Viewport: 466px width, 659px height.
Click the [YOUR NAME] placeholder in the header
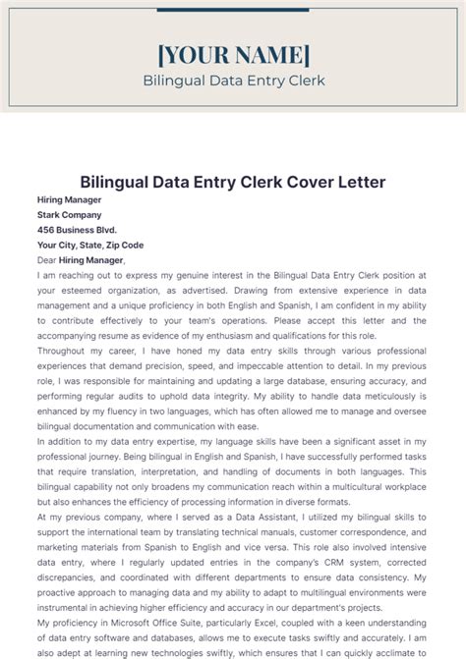pyautogui.click(x=233, y=54)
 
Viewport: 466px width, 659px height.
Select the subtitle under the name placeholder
pyautogui.click(x=233, y=81)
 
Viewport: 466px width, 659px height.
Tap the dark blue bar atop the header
pyautogui.click(x=233, y=11)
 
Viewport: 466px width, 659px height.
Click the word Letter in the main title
pyautogui.click(x=358, y=182)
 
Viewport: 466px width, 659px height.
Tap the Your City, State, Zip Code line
pyautogui.click(x=90, y=246)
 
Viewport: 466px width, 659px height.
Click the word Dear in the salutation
pyautogui.click(x=47, y=260)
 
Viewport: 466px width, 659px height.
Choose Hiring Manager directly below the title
pyautogui.click(x=69, y=199)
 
